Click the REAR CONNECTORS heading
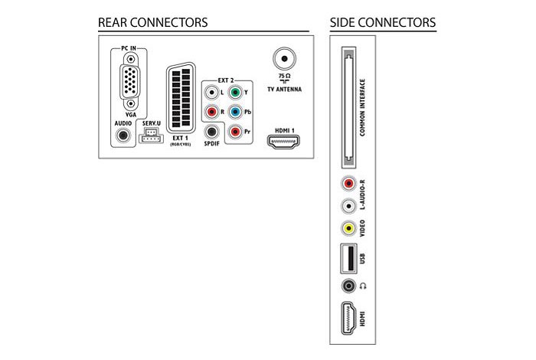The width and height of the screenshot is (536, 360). [152, 22]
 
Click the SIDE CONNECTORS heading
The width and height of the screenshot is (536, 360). [382, 22]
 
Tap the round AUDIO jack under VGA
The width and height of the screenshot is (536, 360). [121, 136]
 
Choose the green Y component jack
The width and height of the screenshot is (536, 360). [237, 93]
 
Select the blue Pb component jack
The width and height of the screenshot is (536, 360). [237, 112]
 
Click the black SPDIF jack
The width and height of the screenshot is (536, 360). [212, 132]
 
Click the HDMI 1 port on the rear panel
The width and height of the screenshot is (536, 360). [285, 141]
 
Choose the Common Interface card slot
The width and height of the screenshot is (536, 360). [349, 107]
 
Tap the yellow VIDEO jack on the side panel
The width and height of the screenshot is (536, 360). [349, 227]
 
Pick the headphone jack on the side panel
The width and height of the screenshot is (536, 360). [349, 286]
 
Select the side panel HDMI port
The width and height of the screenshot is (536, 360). [349, 319]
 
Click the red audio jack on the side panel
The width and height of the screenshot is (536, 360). [349, 185]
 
